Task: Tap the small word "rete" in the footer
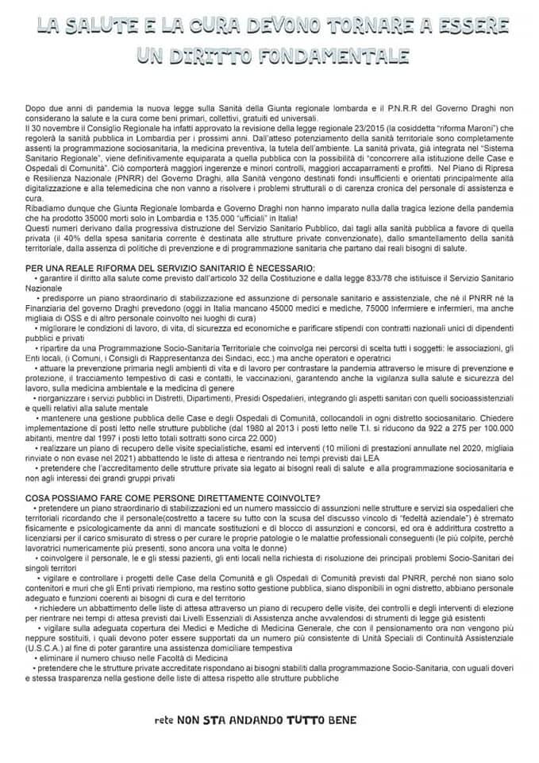pyautogui.click(x=164, y=722)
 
